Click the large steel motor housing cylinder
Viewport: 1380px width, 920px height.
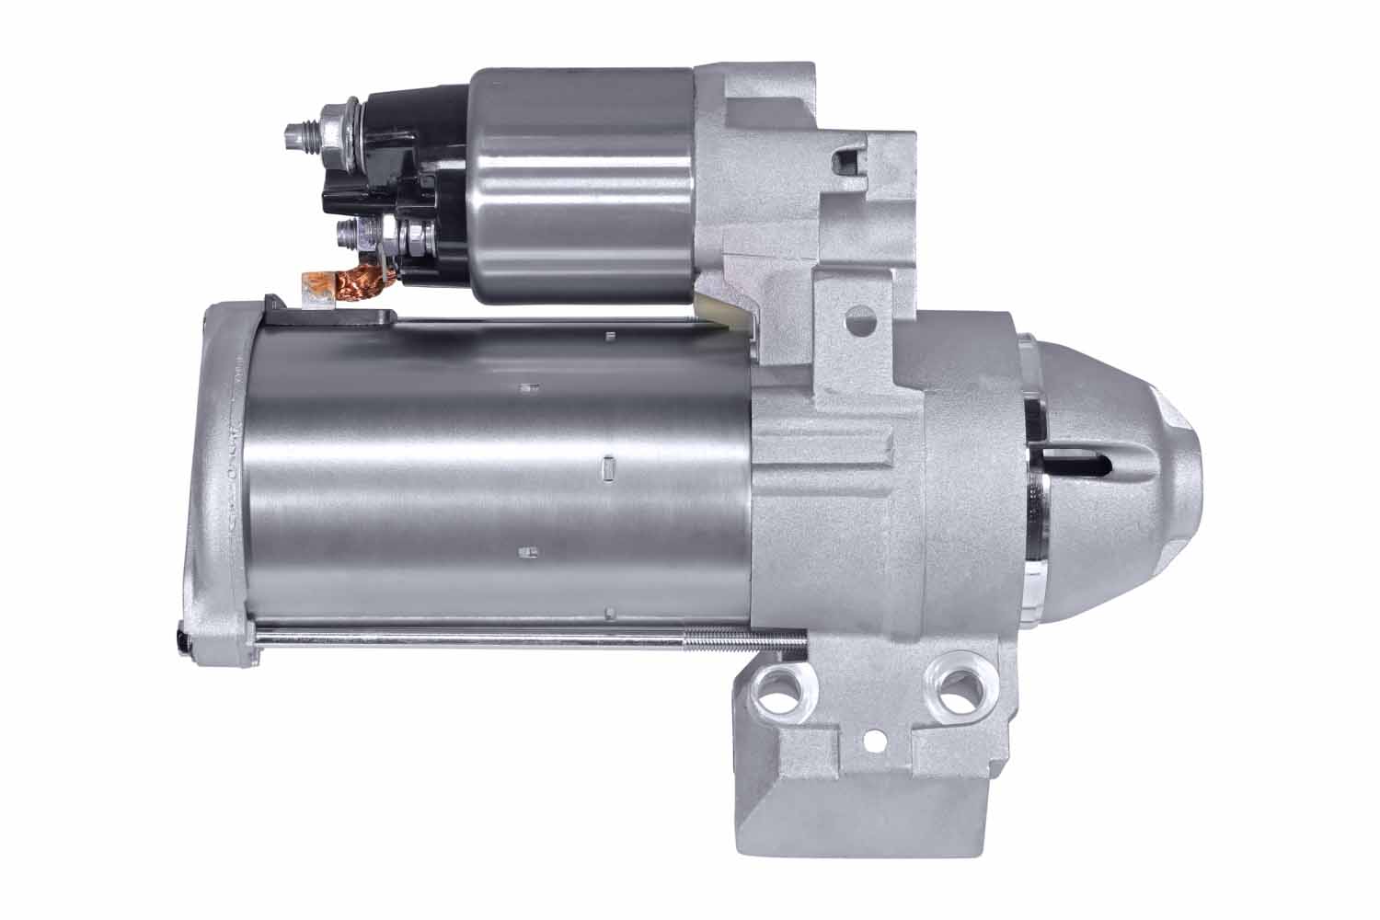coord(497,478)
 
